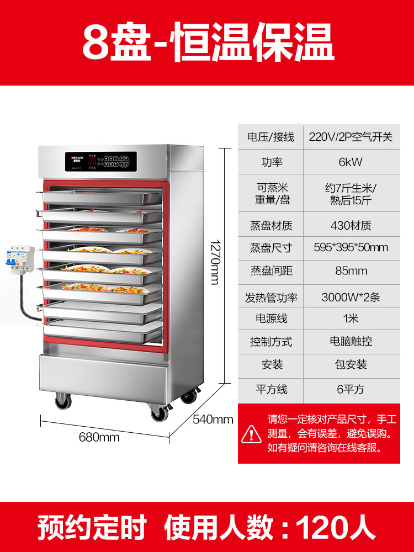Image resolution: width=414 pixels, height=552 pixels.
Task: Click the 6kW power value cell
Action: click(351, 162)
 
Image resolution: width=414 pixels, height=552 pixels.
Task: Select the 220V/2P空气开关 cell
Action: click(351, 137)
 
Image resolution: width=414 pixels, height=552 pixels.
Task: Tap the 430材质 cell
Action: click(351, 225)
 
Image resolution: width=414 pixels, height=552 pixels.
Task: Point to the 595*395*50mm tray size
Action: click(351, 247)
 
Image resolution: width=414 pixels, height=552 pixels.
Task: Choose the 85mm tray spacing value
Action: click(351, 271)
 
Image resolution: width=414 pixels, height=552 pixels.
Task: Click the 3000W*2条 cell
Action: click(351, 297)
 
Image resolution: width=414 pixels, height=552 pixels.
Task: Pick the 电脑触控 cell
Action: click(351, 341)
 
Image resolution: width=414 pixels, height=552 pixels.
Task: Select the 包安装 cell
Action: click(351, 365)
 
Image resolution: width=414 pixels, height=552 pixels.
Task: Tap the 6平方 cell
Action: click(351, 389)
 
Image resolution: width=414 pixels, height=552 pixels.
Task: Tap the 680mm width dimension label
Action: click(99, 437)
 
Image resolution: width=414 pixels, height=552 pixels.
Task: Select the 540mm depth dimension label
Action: click(213, 420)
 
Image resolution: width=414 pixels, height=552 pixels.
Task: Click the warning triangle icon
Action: click(252, 433)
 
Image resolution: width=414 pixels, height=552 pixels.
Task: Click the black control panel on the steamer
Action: click(99, 161)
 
